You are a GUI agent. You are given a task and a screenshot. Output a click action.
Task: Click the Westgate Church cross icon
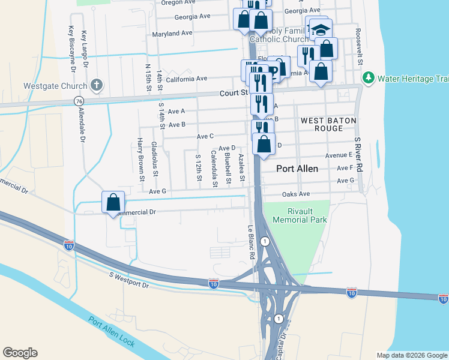click(96, 85)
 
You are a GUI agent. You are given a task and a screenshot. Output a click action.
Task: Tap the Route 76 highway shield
click(79, 101)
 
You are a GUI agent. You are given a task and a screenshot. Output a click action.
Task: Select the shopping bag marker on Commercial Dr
click(113, 202)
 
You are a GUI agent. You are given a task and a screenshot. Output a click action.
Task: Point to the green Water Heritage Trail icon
click(367, 77)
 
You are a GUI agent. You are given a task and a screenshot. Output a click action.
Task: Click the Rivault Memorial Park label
click(300, 215)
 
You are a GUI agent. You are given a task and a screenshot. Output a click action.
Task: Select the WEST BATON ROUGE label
click(329, 125)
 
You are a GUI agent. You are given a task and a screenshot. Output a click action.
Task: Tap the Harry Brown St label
click(140, 159)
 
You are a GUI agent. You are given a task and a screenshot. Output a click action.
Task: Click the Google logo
click(20, 353)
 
